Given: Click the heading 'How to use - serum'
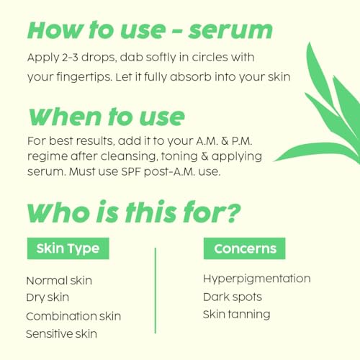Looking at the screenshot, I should pyautogui.click(x=150, y=30).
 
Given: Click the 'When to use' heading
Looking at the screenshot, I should pyautogui.click(x=105, y=116).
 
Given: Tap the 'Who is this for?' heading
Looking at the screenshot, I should pyautogui.click(x=132, y=213).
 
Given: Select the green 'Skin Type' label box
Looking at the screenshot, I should pyautogui.click(x=68, y=248).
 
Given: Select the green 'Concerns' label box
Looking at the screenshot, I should pyautogui.click(x=245, y=248).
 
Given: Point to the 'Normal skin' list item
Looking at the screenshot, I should pyautogui.click(x=59, y=281).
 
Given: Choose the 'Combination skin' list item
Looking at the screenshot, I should pyautogui.click(x=73, y=316).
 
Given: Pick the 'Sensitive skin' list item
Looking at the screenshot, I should pyautogui.click(x=61, y=333).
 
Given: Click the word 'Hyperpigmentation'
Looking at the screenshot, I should pyautogui.click(x=256, y=279).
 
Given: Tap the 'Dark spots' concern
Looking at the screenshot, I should pyautogui.click(x=232, y=297).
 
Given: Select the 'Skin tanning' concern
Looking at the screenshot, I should pyautogui.click(x=236, y=315).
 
